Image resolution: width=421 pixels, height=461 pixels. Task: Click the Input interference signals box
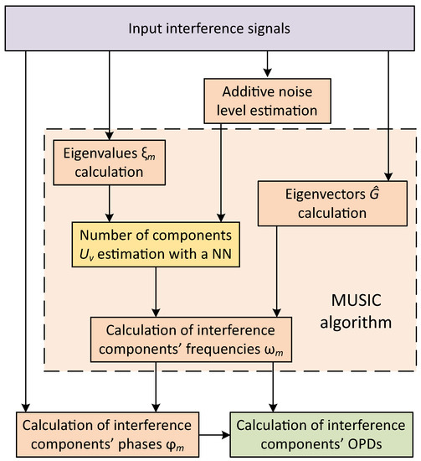tap(210, 28)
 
